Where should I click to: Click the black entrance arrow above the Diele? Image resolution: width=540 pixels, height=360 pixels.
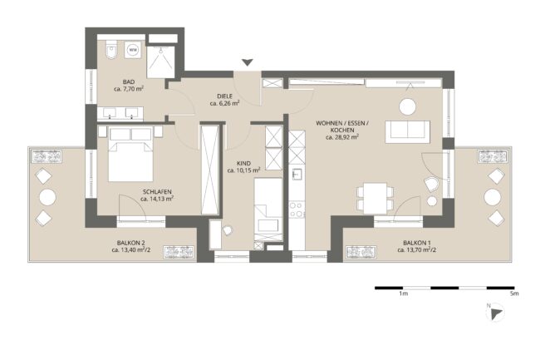(248, 62)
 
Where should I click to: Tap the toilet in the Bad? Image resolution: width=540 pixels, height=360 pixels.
(111, 50)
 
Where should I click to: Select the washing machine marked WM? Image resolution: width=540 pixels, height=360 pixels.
(133, 50)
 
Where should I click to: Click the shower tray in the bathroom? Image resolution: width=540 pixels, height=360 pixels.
(160, 62)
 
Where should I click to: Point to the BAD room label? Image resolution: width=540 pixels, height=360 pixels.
(129, 82)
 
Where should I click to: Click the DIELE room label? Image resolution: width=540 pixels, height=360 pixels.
(224, 96)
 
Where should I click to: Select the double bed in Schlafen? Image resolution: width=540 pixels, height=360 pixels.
(131, 154)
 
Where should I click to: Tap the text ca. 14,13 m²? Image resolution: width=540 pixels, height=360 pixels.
(157, 199)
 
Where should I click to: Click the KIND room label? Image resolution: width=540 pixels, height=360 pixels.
(243, 163)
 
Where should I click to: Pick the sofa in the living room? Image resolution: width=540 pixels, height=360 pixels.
(408, 132)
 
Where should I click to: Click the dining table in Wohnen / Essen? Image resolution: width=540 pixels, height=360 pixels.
(375, 198)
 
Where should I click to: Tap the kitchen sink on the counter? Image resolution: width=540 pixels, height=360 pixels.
(297, 175)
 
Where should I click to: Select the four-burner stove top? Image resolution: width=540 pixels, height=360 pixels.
(297, 210)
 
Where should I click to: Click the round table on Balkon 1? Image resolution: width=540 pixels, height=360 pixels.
(492, 197)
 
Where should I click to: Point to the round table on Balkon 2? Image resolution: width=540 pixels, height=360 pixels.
(47, 198)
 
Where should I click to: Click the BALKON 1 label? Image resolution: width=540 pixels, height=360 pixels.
(417, 243)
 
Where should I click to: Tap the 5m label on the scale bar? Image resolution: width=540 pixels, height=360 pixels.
(514, 293)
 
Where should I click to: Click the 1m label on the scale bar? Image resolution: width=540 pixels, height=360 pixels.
(403, 293)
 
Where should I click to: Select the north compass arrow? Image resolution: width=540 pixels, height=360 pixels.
(496, 314)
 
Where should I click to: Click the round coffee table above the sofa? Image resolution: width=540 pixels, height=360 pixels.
(408, 106)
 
